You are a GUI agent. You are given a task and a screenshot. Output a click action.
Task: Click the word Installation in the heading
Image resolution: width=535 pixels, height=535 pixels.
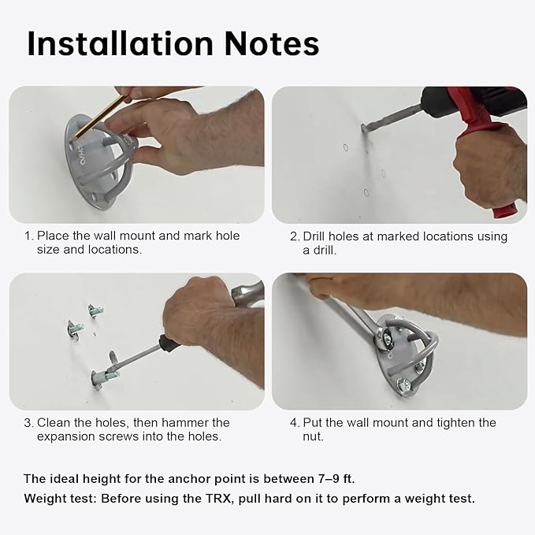coord(120,43)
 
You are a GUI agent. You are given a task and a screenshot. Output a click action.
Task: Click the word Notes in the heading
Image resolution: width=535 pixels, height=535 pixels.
coord(272,43)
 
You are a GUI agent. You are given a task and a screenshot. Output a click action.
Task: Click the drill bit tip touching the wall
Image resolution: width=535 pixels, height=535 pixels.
coord(363,128)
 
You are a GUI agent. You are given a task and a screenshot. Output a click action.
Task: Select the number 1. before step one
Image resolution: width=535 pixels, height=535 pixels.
coord(29,236)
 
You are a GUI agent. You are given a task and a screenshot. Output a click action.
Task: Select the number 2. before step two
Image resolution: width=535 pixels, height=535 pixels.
coord(295,236)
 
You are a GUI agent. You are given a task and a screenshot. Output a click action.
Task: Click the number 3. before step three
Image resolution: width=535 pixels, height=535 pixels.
coord(29,423)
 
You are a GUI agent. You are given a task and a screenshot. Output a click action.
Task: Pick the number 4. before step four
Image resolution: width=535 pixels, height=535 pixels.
coord(295,423)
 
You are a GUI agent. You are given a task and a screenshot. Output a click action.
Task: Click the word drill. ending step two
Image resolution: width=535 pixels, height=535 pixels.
coord(325,251)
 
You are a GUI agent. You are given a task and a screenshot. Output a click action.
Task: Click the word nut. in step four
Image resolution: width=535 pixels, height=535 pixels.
coord(313,437)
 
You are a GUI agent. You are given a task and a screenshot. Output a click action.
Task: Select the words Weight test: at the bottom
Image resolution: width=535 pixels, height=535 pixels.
coord(61,499)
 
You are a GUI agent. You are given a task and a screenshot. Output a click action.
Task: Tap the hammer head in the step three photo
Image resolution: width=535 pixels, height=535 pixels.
coord(247,294)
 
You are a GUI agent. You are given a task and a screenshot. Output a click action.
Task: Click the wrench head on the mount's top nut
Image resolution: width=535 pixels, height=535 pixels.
coord(385,337)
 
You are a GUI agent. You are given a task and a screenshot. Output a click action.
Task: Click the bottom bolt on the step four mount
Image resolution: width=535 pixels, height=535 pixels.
coord(405,388)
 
